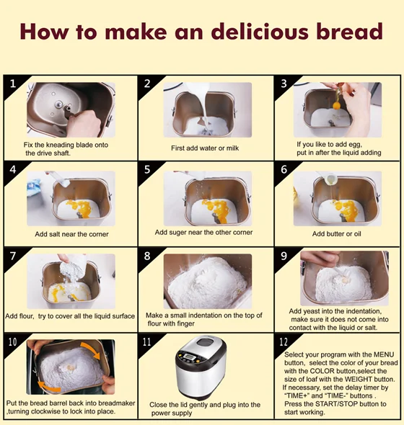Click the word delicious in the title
260,32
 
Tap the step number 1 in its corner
12,84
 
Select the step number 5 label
147,170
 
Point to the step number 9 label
284,256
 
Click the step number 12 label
284,342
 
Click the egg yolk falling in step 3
337,105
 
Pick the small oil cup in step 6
330,179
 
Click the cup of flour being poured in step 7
72,267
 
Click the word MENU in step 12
384,354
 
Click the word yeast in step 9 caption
309,311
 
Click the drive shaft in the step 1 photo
58,104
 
